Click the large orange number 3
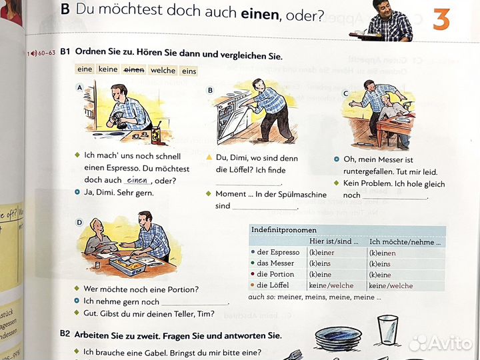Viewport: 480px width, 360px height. [x=441, y=19]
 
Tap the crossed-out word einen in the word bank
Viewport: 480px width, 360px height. [x=134, y=70]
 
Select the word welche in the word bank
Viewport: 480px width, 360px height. [x=163, y=70]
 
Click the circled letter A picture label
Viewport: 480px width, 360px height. [x=80, y=87]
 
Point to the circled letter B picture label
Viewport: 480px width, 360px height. [x=210, y=90]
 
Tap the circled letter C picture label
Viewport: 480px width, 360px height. [x=345, y=94]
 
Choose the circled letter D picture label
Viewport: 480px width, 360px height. [x=79, y=222]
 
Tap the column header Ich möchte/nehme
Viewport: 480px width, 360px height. [x=405, y=241]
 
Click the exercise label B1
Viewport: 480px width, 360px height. [x=65, y=52]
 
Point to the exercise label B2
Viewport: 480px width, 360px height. [x=65, y=335]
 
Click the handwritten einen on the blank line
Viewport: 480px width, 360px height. [x=137, y=180]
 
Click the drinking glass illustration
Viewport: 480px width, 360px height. [x=386, y=330]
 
